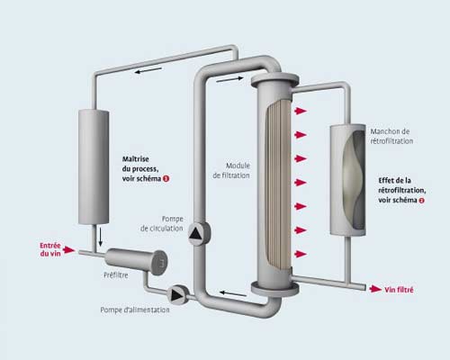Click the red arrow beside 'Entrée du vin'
(69, 249)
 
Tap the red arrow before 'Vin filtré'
(375, 289)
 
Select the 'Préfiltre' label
(116, 275)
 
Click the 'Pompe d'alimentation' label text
(135, 310)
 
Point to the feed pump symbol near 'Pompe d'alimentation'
(177, 295)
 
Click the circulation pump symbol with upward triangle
(198, 233)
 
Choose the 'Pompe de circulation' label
(162, 223)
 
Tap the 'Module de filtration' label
(231, 170)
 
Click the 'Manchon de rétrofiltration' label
(391, 136)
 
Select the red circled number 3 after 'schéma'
(166, 179)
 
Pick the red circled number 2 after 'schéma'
(421, 201)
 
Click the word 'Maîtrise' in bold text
(135, 159)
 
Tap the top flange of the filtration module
(274, 80)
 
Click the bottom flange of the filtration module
(274, 289)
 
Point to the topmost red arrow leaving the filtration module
(300, 111)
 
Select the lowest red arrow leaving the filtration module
(300, 254)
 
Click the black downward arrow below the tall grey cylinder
(100, 236)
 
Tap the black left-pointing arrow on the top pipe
(148, 71)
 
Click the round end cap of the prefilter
(159, 263)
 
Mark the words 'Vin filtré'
(399, 290)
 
